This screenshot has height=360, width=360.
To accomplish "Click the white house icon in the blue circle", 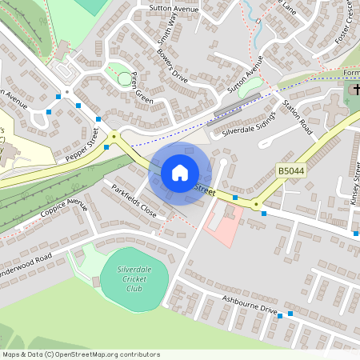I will (x=179, y=173).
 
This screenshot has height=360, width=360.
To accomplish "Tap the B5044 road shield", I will (x=293, y=171).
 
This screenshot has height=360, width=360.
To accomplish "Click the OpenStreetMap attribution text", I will (x=80, y=354).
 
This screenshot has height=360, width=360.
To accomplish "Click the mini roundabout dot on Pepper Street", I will (x=114, y=136).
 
